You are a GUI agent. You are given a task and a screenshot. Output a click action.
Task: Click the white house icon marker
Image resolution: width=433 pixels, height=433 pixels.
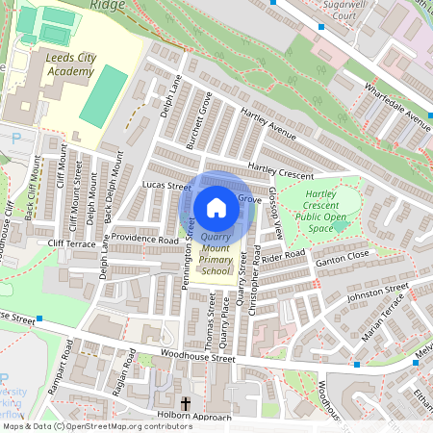216,207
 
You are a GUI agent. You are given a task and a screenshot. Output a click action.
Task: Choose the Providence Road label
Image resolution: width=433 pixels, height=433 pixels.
144,239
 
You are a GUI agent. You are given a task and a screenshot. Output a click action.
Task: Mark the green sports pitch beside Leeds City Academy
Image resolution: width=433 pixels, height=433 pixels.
102,96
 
